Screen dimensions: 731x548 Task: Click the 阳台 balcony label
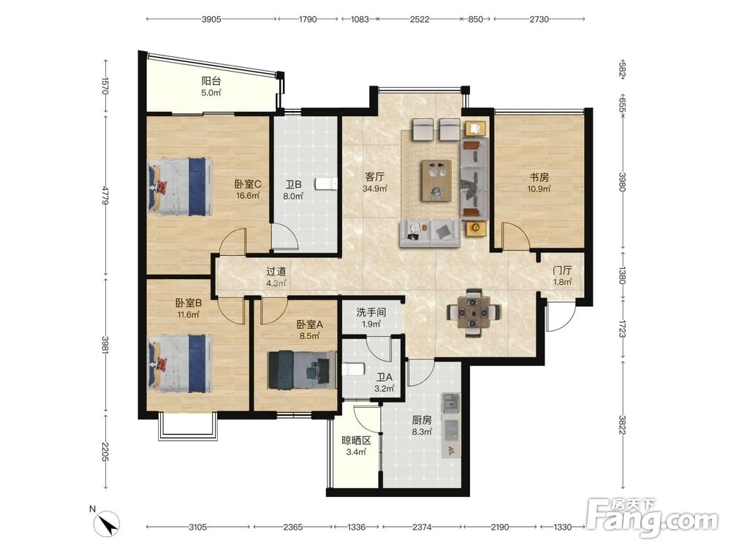[x=211, y=80]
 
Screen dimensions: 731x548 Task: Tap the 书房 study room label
[x=539, y=177]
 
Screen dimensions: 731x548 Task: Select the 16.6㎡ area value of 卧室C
[x=248, y=195]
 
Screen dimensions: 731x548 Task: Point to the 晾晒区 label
[x=356, y=440]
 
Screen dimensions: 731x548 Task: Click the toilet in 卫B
[x=326, y=183]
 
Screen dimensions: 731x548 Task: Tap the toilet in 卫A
[x=353, y=370]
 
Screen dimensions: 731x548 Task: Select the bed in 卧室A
[x=302, y=370]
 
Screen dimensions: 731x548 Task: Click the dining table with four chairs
[x=474, y=312]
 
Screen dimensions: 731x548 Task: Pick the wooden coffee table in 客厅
[x=437, y=180]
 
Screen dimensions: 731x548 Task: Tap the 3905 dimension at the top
[x=211, y=19]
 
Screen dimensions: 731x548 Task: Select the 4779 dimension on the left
[x=106, y=195]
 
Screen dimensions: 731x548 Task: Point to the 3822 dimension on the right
[x=622, y=424]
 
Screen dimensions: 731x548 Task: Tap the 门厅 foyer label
[x=562, y=270]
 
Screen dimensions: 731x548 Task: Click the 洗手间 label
[x=371, y=312]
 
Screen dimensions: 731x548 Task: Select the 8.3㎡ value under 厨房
[x=422, y=432]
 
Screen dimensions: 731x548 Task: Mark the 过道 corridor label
[x=276, y=271]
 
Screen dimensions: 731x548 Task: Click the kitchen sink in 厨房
[x=451, y=403]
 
